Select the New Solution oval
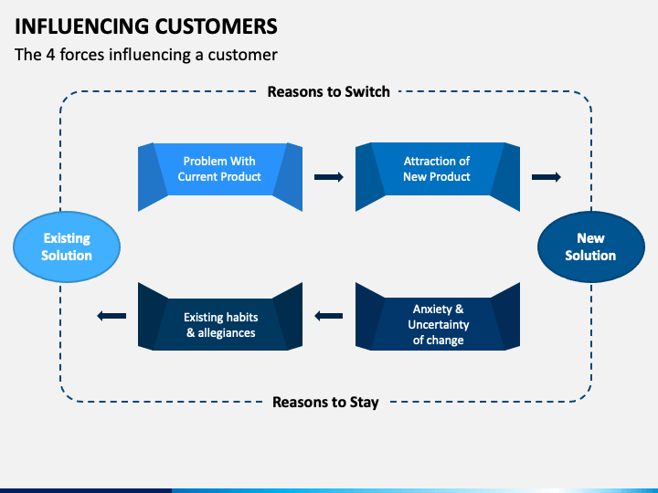[x=590, y=246]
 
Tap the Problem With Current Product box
[x=219, y=169]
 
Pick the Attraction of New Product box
[x=437, y=169]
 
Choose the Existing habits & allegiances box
[x=220, y=325]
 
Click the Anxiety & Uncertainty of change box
[x=438, y=325]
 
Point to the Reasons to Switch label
[x=328, y=91]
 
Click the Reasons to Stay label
[x=325, y=402]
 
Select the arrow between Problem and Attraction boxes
[x=328, y=177]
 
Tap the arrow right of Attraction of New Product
[x=547, y=177]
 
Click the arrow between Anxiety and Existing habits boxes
[x=328, y=316]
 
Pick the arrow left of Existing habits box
[x=111, y=316]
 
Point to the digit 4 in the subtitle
[x=48, y=54]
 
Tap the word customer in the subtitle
[x=244, y=54]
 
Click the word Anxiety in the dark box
[x=432, y=309]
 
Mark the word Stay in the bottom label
[x=363, y=402]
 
